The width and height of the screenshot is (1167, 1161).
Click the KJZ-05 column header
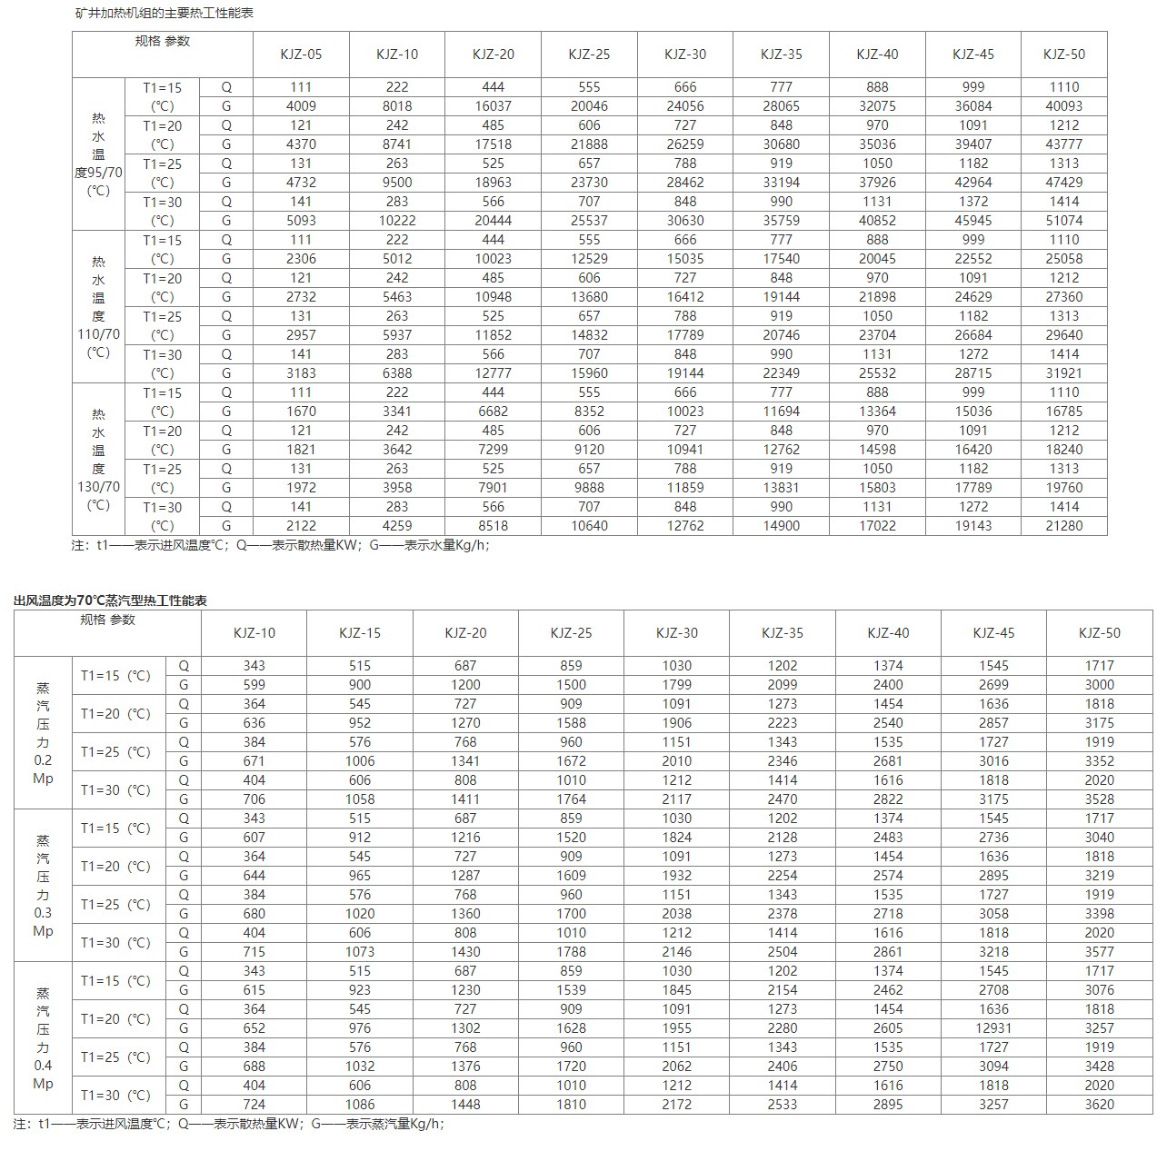pos(301,55)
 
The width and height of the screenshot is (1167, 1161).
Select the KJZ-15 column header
pos(360,633)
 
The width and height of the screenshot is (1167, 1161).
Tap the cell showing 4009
pos(301,106)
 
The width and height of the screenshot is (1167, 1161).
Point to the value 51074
pos(1063,221)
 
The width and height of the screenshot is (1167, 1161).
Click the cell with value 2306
pos(301,259)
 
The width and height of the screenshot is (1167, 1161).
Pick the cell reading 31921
pos(1063,373)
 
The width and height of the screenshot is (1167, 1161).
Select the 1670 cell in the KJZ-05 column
pos(301,412)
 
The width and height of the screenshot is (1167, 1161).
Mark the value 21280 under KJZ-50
pos(1063,526)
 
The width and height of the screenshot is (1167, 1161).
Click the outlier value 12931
pos(993,1028)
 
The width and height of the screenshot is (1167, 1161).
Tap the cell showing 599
pos(254,685)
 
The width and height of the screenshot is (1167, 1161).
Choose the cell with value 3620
pos(1099,1105)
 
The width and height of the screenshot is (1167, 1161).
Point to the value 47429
pos(1063,183)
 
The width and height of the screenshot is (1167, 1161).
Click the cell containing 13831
pos(782,488)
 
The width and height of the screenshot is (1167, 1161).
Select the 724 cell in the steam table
pos(254,1105)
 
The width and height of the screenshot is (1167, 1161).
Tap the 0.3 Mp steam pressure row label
pos(43,886)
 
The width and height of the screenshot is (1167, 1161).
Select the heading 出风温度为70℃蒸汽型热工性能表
pos(111,600)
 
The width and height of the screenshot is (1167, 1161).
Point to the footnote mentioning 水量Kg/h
pos(282,546)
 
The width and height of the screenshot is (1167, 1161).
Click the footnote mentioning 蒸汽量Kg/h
pos(229,1124)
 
